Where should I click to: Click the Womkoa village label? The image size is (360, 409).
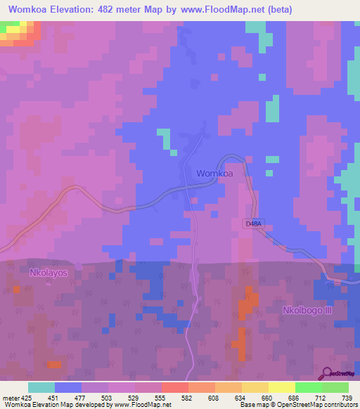coord(214,173)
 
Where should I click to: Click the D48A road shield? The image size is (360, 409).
coord(255,223)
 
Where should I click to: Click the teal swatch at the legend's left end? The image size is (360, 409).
coord(41,387)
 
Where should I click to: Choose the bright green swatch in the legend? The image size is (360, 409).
coord(308,387)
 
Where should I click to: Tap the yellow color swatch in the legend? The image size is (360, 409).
coord(281,387)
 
